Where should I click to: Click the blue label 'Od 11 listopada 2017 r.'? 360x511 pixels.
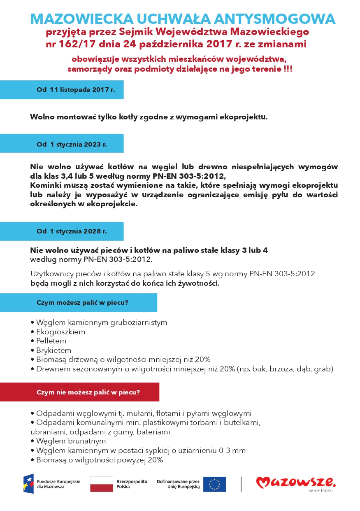click(76, 90)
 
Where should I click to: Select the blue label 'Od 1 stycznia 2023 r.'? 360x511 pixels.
click(72, 144)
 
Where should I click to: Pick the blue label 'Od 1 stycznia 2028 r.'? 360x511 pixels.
click(72, 231)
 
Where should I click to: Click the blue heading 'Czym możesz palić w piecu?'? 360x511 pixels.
click(82, 302)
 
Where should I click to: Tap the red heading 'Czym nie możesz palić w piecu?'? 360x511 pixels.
click(88, 392)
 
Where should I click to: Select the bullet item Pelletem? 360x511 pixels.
click(51, 341)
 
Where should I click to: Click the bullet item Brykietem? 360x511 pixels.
click(53, 350)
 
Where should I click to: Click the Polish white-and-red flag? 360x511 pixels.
click(101, 484)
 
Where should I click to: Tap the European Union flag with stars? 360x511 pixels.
click(214, 484)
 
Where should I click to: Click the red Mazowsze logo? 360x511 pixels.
click(296, 482)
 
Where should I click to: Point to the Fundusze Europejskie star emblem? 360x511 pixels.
click(28, 484)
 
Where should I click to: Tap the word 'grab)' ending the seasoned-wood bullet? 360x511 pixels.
click(323, 369)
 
